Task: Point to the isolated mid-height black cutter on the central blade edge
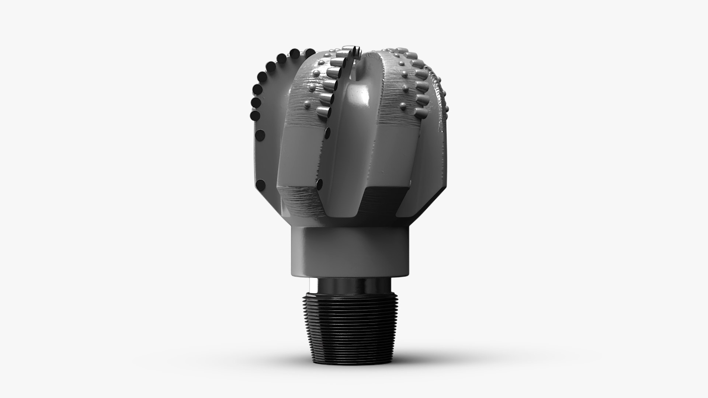pyautogui.click(x=327, y=130)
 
